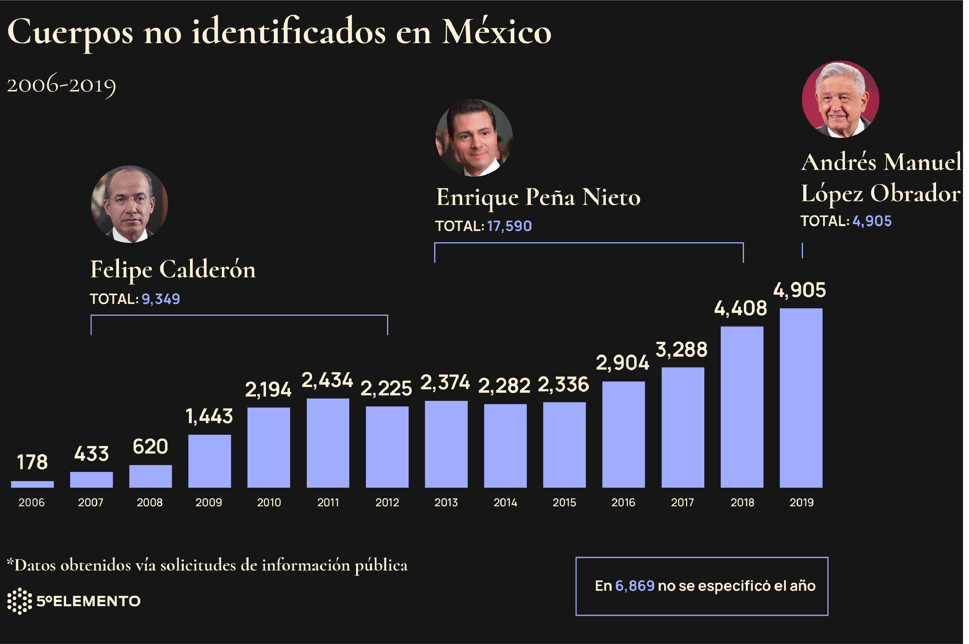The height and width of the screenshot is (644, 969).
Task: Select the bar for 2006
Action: click(x=32, y=484)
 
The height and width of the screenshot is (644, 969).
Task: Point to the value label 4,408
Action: click(x=740, y=309)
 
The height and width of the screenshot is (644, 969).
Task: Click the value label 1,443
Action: click(x=209, y=417)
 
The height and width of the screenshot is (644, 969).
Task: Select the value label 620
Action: click(x=150, y=447)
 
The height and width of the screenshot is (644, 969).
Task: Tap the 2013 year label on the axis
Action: click(x=446, y=502)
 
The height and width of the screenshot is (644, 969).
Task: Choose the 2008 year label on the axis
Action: click(x=150, y=502)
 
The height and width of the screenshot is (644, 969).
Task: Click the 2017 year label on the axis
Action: click(x=682, y=502)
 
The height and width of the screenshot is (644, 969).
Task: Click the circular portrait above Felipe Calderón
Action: click(x=129, y=204)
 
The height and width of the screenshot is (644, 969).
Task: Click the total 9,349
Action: click(x=161, y=299)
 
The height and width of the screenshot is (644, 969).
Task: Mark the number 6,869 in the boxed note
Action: click(x=635, y=586)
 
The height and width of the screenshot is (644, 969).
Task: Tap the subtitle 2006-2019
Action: click(x=62, y=85)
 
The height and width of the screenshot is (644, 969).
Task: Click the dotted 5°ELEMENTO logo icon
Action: click(x=19, y=601)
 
